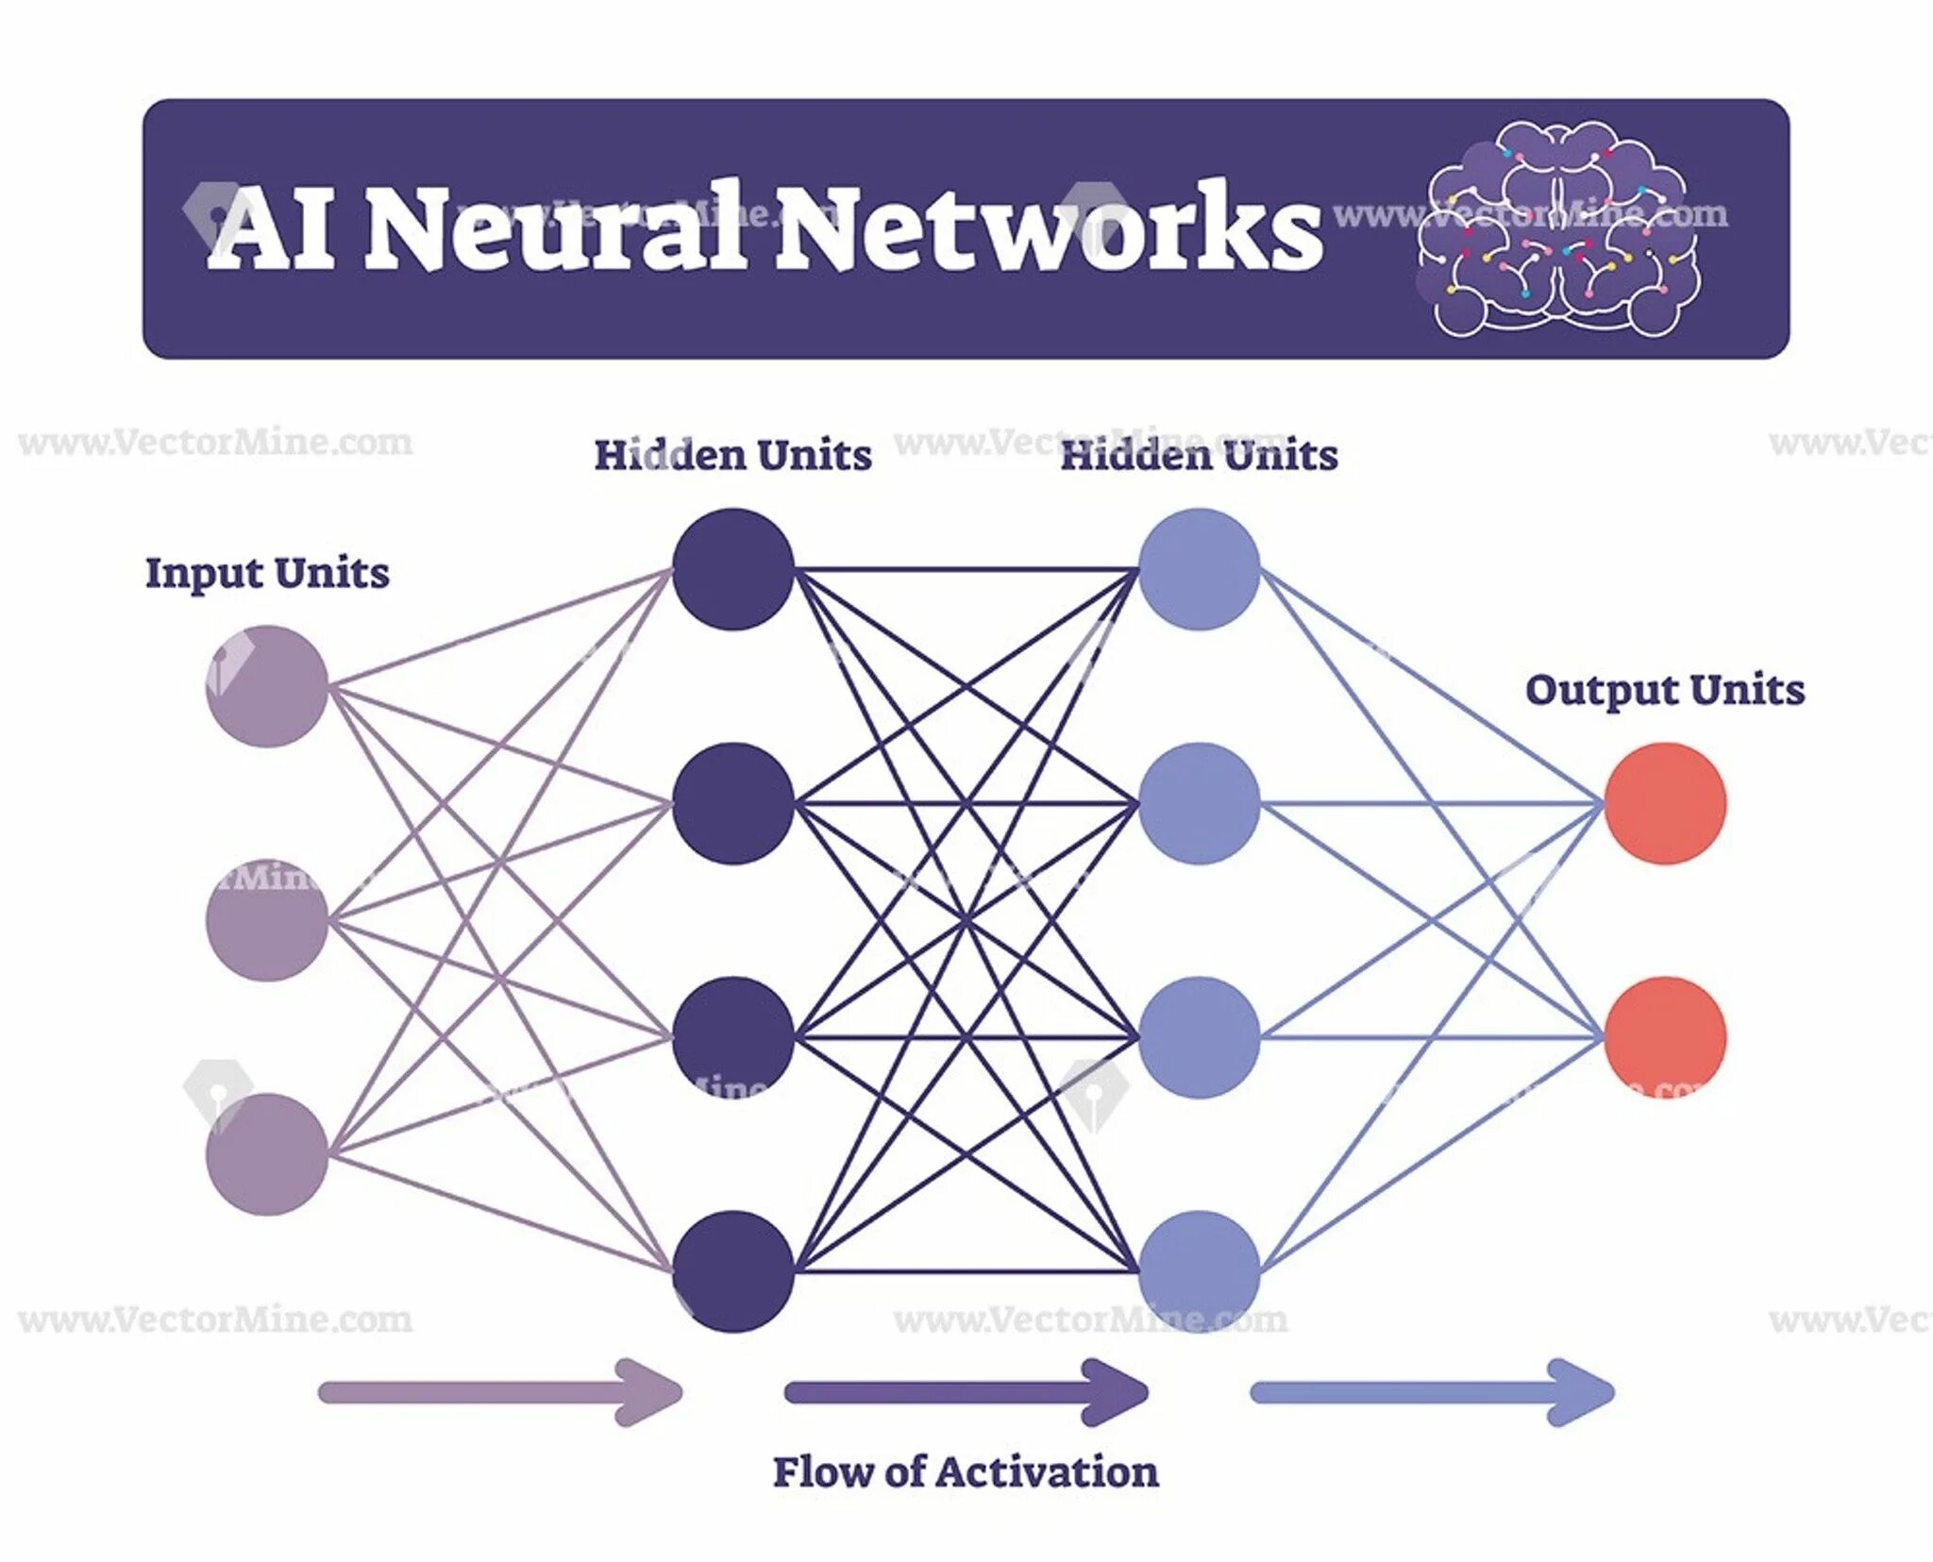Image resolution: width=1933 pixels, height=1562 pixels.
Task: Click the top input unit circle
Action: [267, 686]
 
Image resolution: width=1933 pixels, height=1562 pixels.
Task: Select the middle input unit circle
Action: [267, 920]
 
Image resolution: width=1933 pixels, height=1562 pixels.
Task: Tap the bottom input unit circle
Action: [267, 1154]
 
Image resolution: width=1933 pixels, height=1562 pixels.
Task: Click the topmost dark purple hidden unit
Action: [733, 569]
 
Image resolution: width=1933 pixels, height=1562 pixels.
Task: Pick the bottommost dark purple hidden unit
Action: [733, 1271]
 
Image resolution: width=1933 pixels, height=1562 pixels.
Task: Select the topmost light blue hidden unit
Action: [1200, 569]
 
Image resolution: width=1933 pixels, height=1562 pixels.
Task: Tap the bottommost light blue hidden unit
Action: [1200, 1271]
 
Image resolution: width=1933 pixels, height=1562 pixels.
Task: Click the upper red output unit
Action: [1666, 803]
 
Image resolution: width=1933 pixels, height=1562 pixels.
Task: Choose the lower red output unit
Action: [1666, 1037]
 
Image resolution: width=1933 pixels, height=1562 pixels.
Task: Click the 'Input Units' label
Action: [267, 574]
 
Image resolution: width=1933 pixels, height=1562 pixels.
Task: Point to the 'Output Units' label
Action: [1665, 690]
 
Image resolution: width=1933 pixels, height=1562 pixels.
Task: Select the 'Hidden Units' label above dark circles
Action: [732, 456]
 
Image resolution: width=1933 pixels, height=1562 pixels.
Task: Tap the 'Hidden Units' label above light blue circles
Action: [1199, 456]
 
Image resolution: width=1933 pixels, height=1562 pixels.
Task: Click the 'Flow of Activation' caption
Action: [966, 1471]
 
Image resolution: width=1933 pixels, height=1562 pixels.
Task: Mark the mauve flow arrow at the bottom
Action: [500, 1392]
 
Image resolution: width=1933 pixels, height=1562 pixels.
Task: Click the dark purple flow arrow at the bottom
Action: [966, 1392]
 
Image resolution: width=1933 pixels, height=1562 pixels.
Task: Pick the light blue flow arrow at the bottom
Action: [1432, 1392]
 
